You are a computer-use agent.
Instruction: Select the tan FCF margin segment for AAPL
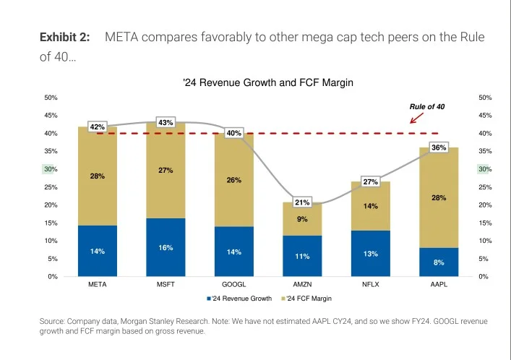(439, 197)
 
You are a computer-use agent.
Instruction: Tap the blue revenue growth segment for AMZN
(302, 256)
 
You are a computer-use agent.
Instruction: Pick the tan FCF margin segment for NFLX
(371, 206)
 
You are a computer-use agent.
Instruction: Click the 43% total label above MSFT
(166, 122)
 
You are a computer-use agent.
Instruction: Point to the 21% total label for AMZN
(302, 202)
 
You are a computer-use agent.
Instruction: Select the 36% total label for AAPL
(439, 147)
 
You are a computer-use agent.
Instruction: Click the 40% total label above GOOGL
(234, 133)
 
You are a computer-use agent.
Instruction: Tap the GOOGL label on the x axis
(234, 285)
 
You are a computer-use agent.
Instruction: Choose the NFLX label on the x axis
(371, 285)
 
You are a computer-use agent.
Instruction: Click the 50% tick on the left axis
(51, 98)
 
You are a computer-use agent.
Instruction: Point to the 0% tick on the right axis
(483, 277)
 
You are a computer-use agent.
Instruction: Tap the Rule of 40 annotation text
(427, 106)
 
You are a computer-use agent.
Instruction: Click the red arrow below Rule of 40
(416, 118)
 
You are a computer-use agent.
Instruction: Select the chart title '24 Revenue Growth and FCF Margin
(268, 83)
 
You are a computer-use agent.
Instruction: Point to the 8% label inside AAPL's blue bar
(439, 262)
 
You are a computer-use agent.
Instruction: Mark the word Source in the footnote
(51, 320)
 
